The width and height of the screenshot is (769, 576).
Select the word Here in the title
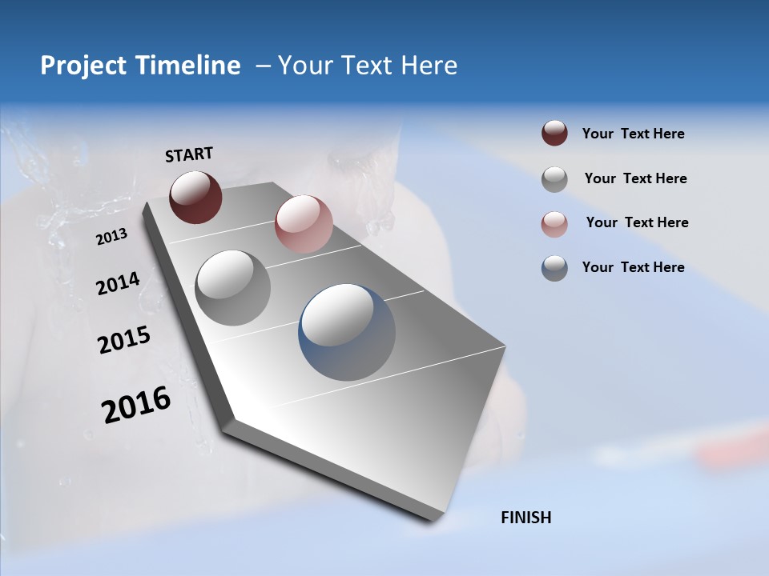(429, 66)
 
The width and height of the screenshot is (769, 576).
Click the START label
(189, 154)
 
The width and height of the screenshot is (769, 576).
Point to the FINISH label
(525, 518)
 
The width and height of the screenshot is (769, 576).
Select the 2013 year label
(111, 237)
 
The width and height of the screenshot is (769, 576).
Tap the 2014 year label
(118, 284)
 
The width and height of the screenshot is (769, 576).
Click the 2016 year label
(136, 405)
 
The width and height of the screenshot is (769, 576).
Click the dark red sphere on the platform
(195, 197)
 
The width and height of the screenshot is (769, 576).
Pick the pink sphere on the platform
(304, 224)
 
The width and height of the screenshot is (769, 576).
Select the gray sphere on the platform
(232, 288)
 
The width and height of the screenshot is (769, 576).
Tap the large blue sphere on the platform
(347, 332)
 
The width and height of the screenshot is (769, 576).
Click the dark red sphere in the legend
(554, 134)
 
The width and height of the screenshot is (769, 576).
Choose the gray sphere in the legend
(554, 179)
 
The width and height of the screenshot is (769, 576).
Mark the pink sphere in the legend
(554, 224)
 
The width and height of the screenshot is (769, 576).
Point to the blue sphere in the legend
(554, 268)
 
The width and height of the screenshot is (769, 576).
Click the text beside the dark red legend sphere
(633, 134)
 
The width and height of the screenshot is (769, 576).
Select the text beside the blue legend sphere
(633, 267)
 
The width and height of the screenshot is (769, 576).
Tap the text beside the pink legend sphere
(637, 222)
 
